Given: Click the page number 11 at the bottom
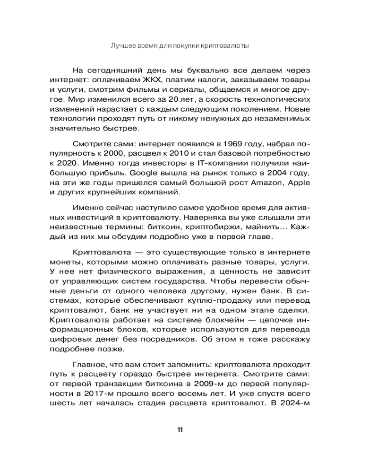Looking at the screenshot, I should (x=180, y=429).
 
